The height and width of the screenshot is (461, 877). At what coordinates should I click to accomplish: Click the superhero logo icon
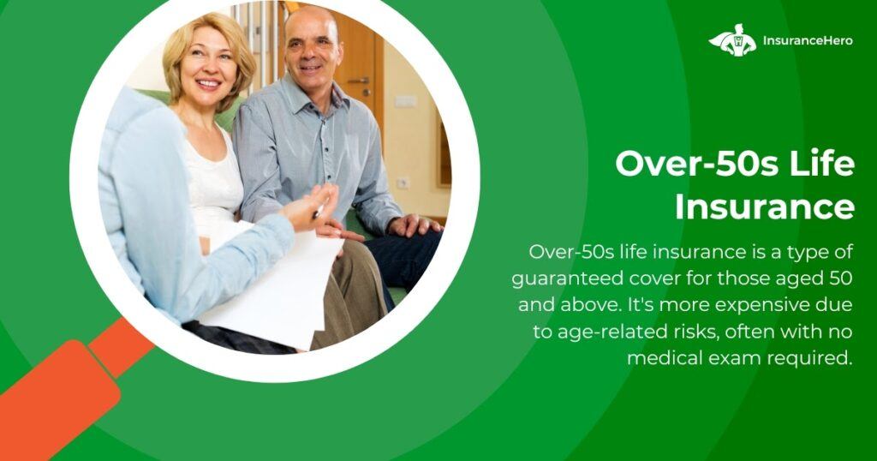pyautogui.click(x=732, y=40)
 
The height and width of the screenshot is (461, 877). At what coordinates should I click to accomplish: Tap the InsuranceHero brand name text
pyautogui.click(x=808, y=41)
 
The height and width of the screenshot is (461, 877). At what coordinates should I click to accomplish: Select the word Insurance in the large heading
pyautogui.click(x=765, y=207)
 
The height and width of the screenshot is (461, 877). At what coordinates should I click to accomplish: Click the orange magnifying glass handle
pyautogui.click(x=67, y=380)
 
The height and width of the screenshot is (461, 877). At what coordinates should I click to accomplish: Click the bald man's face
pyautogui.click(x=312, y=48)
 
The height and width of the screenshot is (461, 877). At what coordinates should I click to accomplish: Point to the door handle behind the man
pyautogui.click(x=359, y=81)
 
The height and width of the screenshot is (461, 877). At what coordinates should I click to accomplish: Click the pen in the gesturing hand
pyautogui.click(x=319, y=212)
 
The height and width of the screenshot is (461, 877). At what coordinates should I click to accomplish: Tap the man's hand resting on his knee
pyautogui.click(x=413, y=225)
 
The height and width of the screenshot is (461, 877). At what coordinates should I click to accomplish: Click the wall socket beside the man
pyautogui.click(x=403, y=183)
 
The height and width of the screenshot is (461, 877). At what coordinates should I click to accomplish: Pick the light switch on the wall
pyautogui.click(x=405, y=101)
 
